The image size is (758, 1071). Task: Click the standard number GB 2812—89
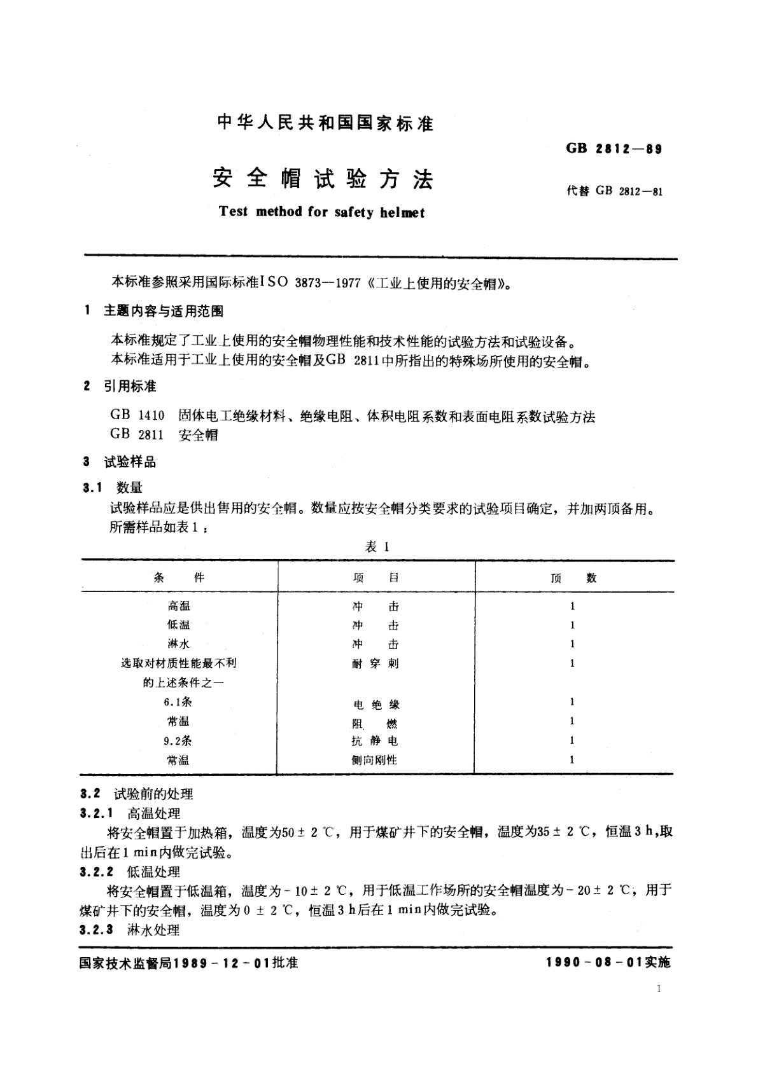tap(614, 149)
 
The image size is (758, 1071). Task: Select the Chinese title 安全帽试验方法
tap(323, 179)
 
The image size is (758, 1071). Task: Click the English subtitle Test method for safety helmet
tap(321, 212)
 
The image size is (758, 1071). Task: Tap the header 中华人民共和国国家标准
tap(325, 123)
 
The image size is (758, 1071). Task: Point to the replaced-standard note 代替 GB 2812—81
tap(614, 191)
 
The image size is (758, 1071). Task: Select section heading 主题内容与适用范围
tap(164, 312)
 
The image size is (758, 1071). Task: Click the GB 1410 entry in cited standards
tap(137, 416)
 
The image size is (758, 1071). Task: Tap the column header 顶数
tap(573, 577)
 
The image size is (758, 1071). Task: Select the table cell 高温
tap(179, 606)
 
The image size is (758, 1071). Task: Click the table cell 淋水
tap(179, 644)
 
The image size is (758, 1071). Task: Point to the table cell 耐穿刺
tap(375, 663)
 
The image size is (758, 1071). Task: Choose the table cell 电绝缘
tap(375, 704)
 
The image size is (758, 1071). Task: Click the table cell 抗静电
tap(375, 741)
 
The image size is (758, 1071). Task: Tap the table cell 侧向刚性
tap(374, 760)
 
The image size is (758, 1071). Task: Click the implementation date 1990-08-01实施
tap(608, 963)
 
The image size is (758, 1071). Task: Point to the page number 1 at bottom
tap(659, 989)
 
